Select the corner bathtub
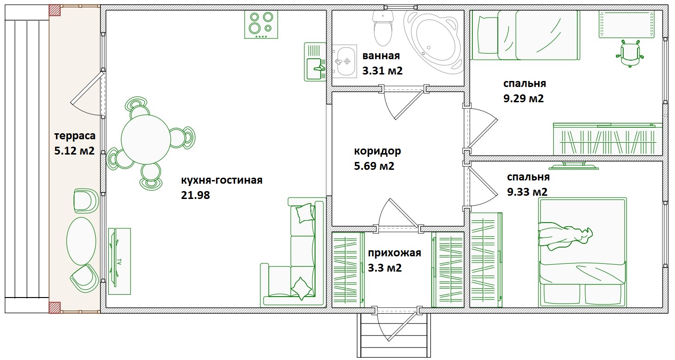(434, 42)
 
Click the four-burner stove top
(261, 25)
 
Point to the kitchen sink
(315, 62)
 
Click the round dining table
(146, 140)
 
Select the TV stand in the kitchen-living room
(119, 261)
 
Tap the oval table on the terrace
(81, 241)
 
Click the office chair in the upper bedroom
(630, 53)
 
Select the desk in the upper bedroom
(626, 24)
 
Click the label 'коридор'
(377, 151)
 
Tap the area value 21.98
(195, 195)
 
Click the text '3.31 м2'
(383, 71)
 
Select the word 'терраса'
(75, 136)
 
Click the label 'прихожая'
(395, 253)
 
